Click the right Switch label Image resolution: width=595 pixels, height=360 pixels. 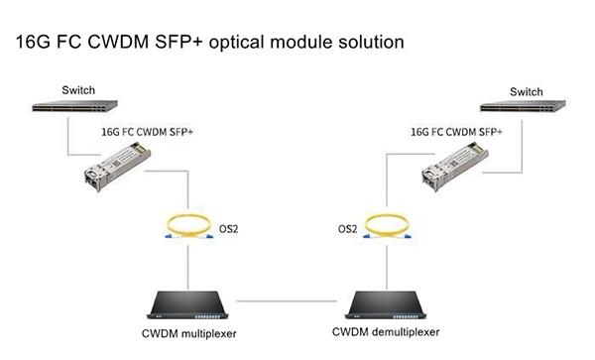526,91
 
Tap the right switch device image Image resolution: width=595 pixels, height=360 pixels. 526,108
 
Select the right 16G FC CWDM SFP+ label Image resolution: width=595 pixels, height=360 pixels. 456,130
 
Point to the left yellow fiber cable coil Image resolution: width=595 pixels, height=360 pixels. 187,227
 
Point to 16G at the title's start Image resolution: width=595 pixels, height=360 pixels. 31,44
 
